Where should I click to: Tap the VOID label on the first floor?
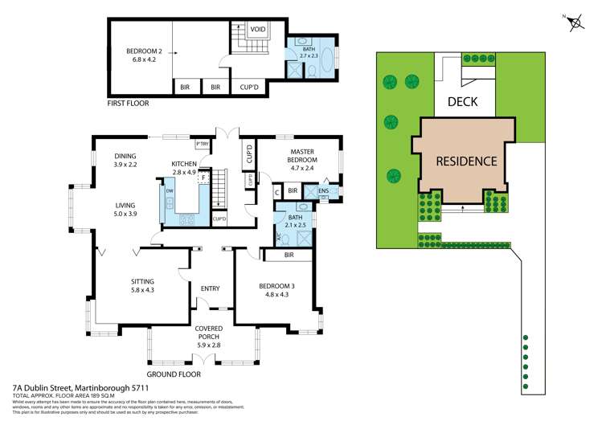pyautogui.click(x=257, y=30)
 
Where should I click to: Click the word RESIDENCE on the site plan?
pyautogui.click(x=466, y=160)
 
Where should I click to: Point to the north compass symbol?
pyautogui.click(x=575, y=23)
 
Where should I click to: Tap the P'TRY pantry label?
pyautogui.click(x=202, y=144)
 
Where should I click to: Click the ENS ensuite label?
pyautogui.click(x=323, y=191)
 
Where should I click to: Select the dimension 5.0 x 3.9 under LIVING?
pyautogui.click(x=125, y=214)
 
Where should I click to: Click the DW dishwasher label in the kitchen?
pyautogui.click(x=170, y=191)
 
